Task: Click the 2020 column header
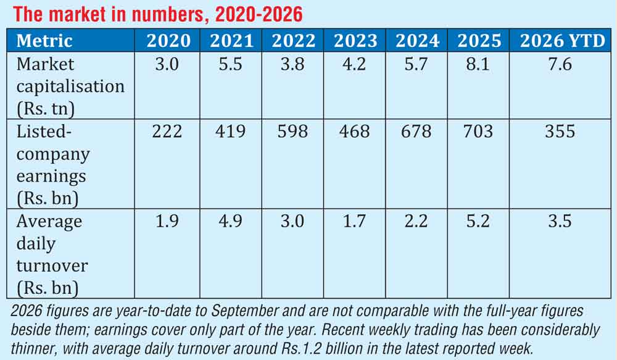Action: (168, 41)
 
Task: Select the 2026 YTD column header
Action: (562, 41)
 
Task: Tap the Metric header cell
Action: (44, 41)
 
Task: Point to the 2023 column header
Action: (355, 41)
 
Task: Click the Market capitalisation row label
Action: (70, 86)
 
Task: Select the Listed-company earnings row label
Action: (53, 165)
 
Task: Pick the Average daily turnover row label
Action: (52, 254)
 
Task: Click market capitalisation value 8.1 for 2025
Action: (478, 64)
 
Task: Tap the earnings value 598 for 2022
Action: (292, 131)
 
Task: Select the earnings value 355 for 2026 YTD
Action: (560, 131)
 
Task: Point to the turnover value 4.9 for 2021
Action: (231, 221)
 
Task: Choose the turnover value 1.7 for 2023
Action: (355, 221)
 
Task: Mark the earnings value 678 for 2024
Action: (416, 131)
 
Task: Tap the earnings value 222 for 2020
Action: (167, 131)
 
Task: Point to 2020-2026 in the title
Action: (259, 15)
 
